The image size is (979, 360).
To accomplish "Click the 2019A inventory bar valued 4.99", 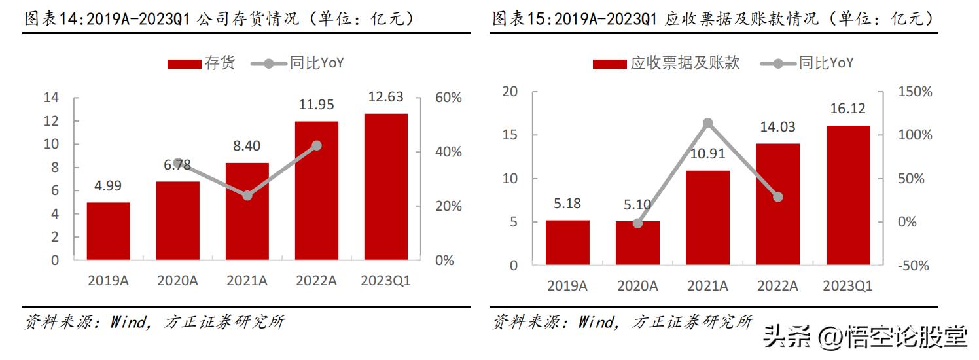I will pos(109,231).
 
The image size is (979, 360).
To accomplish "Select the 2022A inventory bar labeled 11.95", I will pos(317,190).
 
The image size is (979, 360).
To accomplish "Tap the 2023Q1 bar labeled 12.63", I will pos(385,187).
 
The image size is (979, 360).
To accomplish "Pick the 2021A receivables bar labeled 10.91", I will pos(708,217).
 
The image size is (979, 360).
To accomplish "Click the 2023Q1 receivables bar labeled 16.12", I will pos(848,195).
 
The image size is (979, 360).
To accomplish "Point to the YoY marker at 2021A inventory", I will pos(247,196).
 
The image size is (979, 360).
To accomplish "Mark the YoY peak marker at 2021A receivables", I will pos(708,123).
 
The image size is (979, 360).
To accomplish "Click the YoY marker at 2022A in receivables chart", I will pos(777,197).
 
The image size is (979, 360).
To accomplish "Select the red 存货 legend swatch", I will pos(184,63).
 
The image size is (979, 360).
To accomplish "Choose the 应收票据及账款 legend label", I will pos(685,63).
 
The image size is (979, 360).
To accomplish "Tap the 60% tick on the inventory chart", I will pos(448,98).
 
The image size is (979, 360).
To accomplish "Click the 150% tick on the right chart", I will pos(915,92).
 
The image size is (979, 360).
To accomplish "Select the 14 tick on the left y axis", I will pos(51,98).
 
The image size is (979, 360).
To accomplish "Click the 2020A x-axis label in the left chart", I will pos(177,281).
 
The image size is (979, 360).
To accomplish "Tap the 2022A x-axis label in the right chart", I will pos(777,286).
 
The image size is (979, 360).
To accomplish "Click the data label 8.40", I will pos(247,146).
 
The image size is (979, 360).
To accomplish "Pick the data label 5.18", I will pos(567,204).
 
